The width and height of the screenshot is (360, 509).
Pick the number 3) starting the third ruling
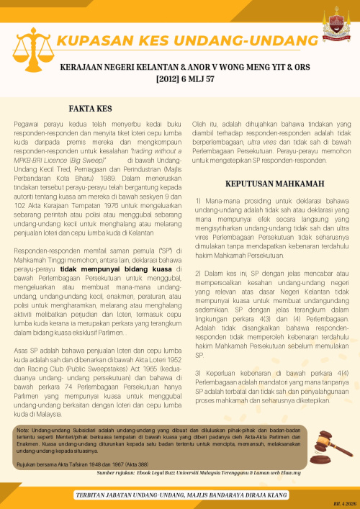pos(199,373)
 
